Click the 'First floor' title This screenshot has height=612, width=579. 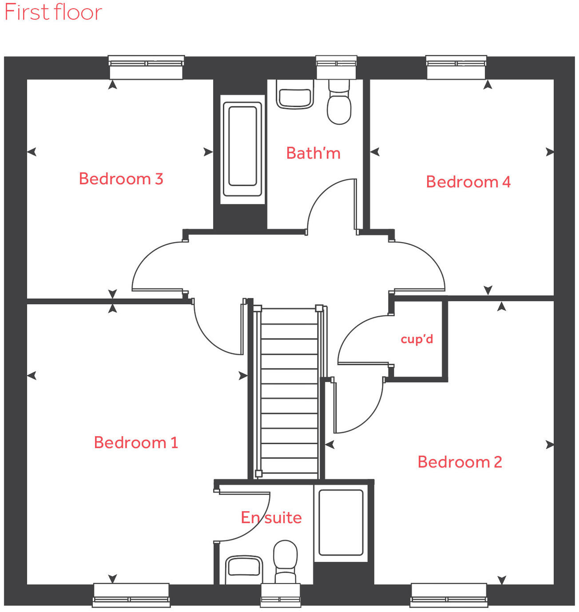(53, 12)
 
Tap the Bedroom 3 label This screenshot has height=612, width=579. (121, 179)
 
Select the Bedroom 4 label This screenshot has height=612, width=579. (468, 182)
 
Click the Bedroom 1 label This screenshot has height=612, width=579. (136, 443)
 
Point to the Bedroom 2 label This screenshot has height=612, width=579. (460, 462)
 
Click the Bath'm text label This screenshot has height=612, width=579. (313, 153)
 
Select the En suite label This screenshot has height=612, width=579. (271, 518)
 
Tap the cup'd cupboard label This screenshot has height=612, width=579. (416, 339)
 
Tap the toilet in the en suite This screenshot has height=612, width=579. (285, 560)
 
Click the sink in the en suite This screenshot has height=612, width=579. (243, 569)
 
